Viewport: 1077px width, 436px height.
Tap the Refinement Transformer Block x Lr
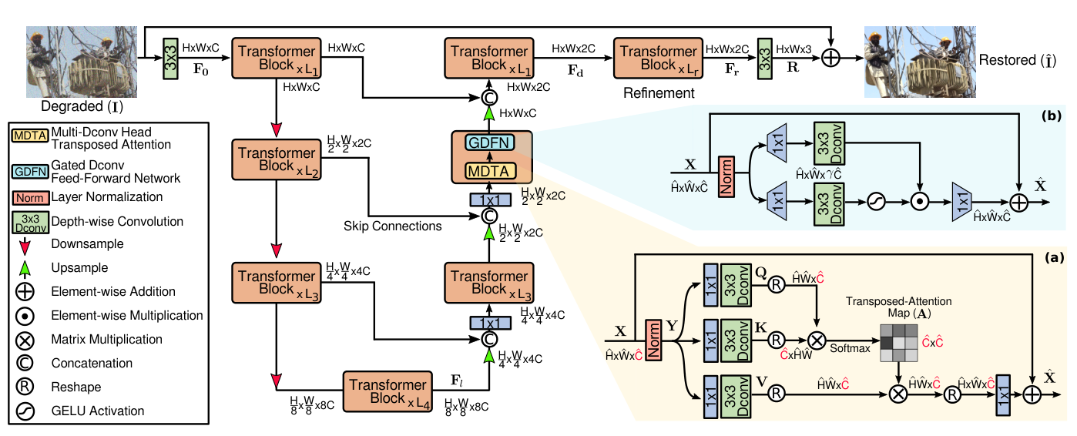coord(658,57)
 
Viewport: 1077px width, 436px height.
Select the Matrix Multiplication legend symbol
coord(28,340)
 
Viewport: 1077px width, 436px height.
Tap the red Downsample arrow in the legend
coord(28,246)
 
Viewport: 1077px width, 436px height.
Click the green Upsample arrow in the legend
coord(28,268)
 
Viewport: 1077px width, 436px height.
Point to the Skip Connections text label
coord(394,226)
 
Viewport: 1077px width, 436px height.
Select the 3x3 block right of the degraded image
coord(169,58)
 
